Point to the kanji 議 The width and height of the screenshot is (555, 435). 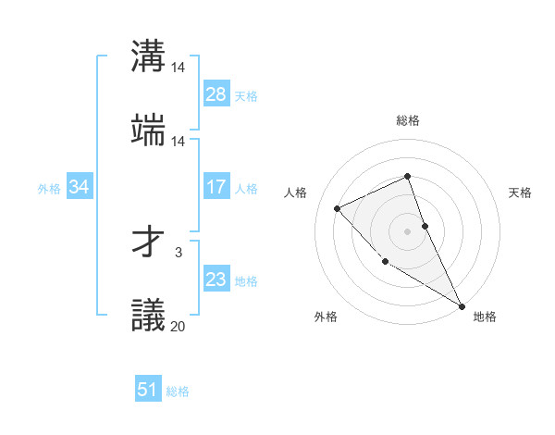149,315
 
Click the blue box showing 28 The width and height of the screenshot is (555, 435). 216,94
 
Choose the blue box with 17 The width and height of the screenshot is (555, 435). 216,187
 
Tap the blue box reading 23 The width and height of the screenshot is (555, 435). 216,280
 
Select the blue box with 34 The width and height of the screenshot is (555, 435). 80,187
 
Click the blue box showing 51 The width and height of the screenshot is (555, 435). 148,390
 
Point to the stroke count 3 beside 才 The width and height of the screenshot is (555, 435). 178,252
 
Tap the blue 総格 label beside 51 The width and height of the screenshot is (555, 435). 178,391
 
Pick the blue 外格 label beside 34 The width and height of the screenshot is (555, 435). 49,188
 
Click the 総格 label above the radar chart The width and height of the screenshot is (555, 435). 407,120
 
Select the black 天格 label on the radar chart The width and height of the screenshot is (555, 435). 520,193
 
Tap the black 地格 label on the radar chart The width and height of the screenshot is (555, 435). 485,317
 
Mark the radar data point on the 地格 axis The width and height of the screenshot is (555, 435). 462,305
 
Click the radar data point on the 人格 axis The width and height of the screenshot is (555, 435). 338,208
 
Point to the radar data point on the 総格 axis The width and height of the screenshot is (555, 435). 407,176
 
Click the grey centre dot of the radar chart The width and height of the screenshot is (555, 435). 407,230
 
